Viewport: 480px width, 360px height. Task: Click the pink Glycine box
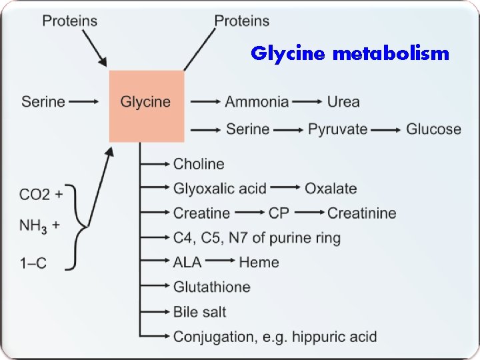pos(147,105)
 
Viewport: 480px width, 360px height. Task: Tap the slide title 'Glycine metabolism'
pos(350,53)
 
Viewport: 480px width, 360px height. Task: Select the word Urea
pos(343,102)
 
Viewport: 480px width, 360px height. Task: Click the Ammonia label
pos(257,102)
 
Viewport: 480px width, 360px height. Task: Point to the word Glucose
pos(433,129)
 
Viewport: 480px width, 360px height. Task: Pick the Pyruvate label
pos(337,129)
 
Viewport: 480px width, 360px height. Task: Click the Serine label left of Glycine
pos(43,102)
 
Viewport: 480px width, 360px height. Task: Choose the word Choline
pos(199,164)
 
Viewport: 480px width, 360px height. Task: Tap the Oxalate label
pos(331,189)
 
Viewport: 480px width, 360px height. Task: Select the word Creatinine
pos(361,213)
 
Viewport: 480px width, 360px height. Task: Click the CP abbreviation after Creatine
pos(279,213)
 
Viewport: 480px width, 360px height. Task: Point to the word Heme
pos(259,262)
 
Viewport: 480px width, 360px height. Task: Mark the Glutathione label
pos(212,287)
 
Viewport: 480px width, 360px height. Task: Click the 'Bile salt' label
pos(200,311)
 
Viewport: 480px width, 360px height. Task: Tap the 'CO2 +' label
pos(41,195)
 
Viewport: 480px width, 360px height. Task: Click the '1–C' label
pos(33,263)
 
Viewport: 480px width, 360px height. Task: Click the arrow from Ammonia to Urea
pos(307,102)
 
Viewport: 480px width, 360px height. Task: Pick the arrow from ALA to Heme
pos(220,262)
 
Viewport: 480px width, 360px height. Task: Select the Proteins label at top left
pos(69,21)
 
